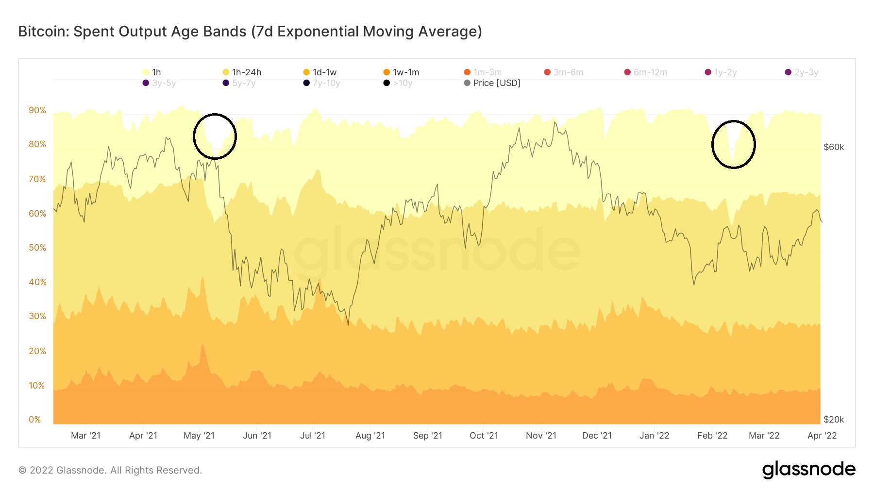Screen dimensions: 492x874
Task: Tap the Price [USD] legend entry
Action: click(492, 83)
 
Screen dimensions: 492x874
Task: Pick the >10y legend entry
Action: click(398, 83)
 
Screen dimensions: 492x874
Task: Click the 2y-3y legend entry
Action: click(802, 72)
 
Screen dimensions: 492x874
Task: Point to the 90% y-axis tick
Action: click(37, 110)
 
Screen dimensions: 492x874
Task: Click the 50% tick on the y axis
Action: click(37, 248)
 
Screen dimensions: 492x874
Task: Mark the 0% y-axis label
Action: click(35, 420)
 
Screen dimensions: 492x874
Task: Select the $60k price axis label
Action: click(834, 147)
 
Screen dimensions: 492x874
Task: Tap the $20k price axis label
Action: click(834, 420)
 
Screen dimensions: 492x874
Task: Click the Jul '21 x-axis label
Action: click(313, 436)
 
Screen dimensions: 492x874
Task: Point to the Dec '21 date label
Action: click(597, 436)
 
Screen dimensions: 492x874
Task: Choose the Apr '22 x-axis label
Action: click(822, 436)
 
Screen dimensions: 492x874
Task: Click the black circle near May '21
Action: click(215, 136)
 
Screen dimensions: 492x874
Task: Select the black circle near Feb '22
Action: click(734, 144)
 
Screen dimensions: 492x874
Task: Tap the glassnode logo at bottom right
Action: click(808, 470)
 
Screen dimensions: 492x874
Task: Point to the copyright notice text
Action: click(110, 470)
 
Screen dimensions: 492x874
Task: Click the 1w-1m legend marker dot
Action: click(387, 72)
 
